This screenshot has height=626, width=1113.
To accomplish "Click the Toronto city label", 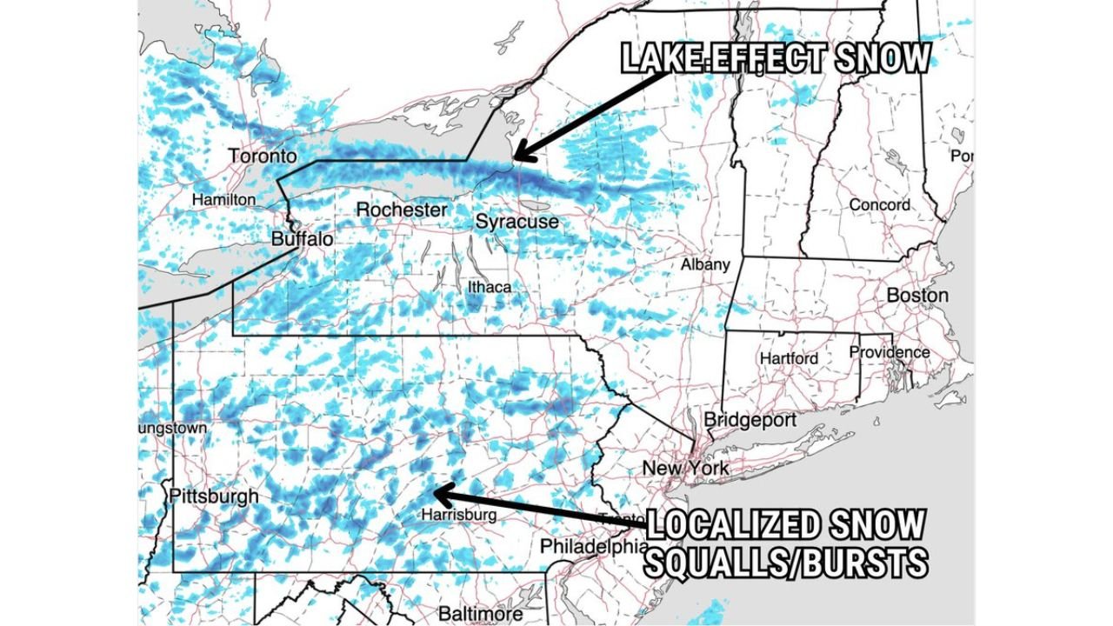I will coord(263,156).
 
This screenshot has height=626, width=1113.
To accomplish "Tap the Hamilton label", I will coord(224,200).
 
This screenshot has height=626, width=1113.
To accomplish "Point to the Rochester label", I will coord(402,210).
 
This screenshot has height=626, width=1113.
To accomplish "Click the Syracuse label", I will coord(517,223).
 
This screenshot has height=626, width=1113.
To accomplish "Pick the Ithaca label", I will coord(490,287).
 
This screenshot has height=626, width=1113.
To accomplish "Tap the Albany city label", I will coord(705,264).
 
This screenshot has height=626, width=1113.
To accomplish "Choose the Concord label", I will coord(880,205).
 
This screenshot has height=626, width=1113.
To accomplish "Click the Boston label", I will coord(917,296).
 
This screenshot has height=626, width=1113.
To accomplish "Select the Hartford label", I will coord(789,358).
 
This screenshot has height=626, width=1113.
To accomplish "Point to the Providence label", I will coord(890,353).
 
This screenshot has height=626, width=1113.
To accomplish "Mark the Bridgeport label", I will coord(750,420).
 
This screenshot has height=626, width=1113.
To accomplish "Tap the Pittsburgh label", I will coord(213,496).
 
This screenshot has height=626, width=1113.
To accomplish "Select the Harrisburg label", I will coord(458,515).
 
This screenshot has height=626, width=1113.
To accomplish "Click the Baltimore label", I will coord(481,614).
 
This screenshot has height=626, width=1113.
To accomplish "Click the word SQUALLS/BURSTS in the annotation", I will coord(785,563).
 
